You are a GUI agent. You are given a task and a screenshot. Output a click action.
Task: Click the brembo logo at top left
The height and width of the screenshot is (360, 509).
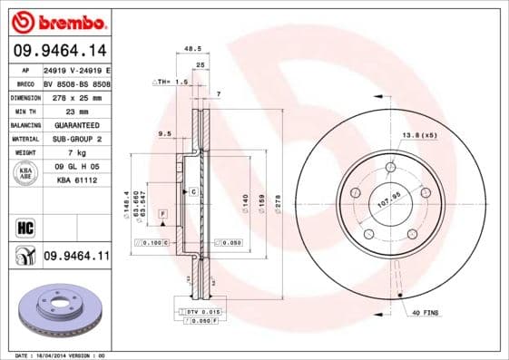coord(56,19)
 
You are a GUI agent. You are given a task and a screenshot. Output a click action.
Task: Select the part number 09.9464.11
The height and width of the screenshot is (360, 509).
coord(76,257)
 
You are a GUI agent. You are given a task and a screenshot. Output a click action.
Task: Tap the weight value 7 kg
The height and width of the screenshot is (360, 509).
coord(76,152)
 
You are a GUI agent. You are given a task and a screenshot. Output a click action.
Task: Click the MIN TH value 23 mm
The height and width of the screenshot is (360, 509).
coord(76,111)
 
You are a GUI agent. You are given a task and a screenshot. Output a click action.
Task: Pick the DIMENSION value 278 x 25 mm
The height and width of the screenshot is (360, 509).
coord(76,96)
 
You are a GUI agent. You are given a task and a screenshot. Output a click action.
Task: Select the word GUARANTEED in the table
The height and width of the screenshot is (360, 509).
coord(76,124)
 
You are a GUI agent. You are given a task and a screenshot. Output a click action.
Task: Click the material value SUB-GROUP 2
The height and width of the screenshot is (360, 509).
coord(76,139)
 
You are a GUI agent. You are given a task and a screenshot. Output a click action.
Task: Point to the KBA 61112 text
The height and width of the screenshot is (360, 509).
coord(76,180)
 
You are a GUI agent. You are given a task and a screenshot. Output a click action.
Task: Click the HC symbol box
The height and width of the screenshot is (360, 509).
coord(24,225)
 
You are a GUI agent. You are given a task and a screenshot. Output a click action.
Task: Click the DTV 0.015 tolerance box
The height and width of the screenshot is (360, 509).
coord(201,312)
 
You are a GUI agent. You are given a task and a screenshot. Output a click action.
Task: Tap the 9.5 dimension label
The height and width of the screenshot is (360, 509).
coord(164,133)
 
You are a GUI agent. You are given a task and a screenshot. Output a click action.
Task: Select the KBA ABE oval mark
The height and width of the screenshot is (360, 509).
coord(25,174)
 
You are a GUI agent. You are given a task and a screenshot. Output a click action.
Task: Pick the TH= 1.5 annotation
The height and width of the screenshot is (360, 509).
coord(169,82)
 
